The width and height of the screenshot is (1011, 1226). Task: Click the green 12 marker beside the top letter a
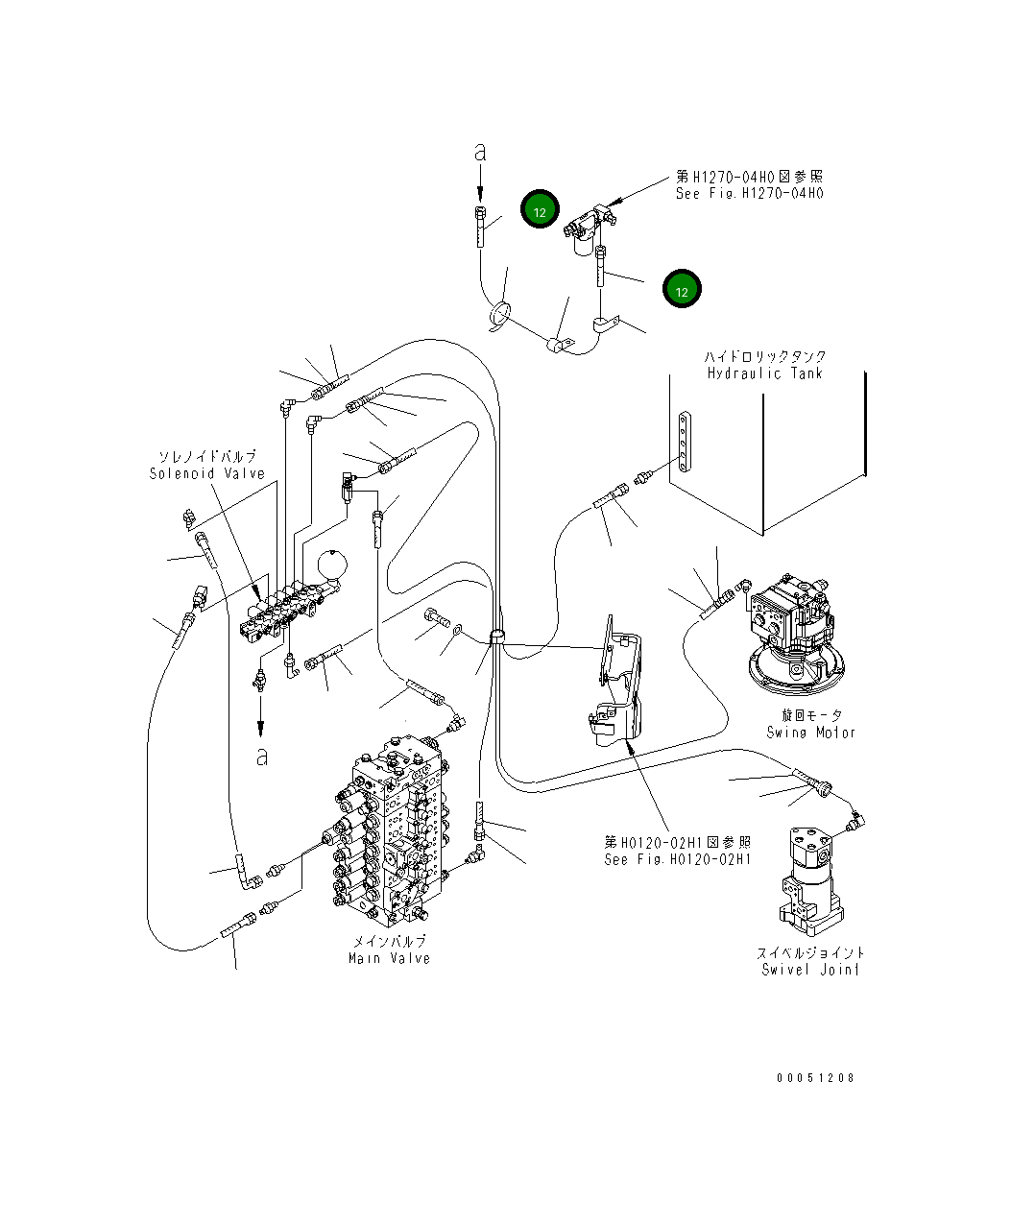(x=540, y=211)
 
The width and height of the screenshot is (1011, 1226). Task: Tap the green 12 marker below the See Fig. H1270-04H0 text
(x=682, y=290)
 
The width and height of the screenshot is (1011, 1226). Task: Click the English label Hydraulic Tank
(x=764, y=373)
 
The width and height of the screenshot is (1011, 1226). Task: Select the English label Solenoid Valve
(x=206, y=473)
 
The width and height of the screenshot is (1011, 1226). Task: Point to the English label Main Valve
(x=389, y=957)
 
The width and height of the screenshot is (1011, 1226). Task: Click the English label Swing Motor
(x=810, y=732)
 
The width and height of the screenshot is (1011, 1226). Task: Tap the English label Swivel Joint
(x=810, y=969)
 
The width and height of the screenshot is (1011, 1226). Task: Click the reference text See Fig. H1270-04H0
(x=749, y=192)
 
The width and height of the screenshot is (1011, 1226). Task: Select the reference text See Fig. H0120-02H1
(x=677, y=859)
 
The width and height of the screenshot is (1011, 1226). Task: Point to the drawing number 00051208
(x=815, y=1077)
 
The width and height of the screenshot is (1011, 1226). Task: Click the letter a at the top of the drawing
(x=481, y=152)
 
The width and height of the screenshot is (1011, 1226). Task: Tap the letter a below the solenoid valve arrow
(x=261, y=757)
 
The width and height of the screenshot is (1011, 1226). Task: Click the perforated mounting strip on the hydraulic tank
(x=682, y=443)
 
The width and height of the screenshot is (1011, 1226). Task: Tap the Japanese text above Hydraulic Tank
(x=764, y=356)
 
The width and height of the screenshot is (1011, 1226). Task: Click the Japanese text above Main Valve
(x=389, y=942)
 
